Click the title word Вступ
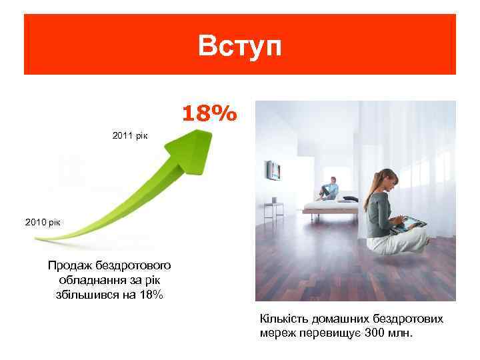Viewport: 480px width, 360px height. click(240, 46)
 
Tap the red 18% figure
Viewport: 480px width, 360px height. click(209, 114)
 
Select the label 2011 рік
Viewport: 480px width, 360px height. click(131, 135)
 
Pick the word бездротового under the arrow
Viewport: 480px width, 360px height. click(130, 265)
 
